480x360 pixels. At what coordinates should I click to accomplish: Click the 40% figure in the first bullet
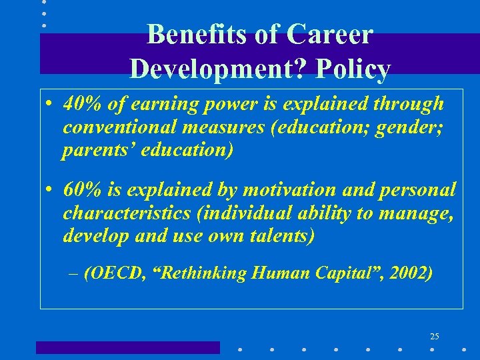coord(79,104)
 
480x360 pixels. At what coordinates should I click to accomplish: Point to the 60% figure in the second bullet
coord(79,190)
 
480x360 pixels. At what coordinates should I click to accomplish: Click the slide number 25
coord(435,335)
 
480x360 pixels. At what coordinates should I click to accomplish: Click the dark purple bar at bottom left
coord(127,347)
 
